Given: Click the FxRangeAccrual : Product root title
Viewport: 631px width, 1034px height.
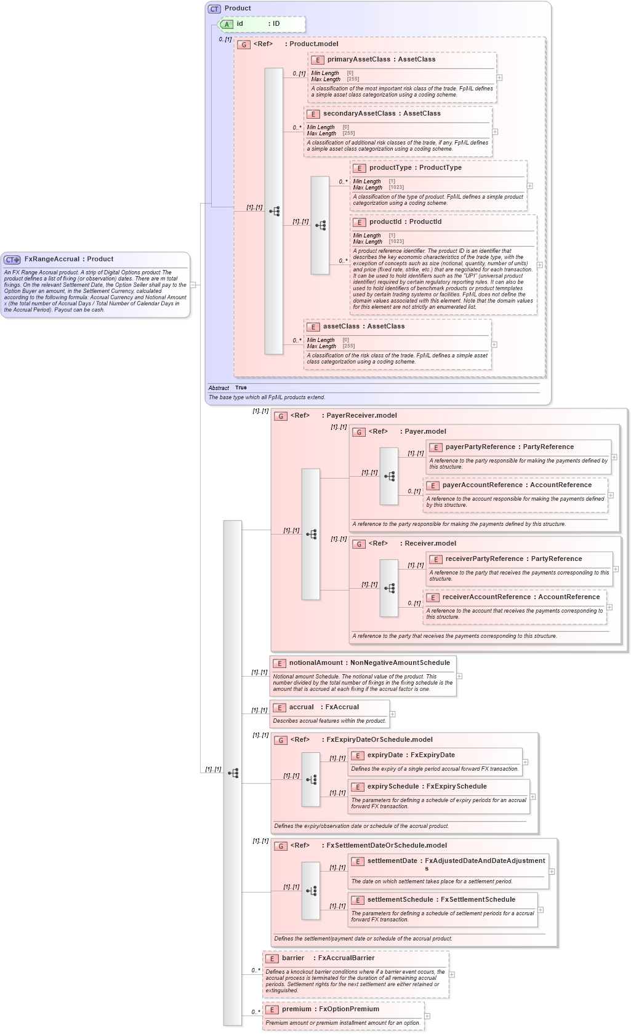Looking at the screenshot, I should (68, 260).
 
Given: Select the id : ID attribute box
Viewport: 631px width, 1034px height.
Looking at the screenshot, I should (262, 24).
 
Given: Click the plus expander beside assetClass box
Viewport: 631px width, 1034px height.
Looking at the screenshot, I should (494, 345).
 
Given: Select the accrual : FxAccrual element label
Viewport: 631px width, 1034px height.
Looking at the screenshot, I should (324, 707).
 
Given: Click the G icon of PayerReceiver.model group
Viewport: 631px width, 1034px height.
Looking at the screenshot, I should (281, 416).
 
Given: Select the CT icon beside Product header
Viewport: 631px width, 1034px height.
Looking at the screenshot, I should (214, 9).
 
